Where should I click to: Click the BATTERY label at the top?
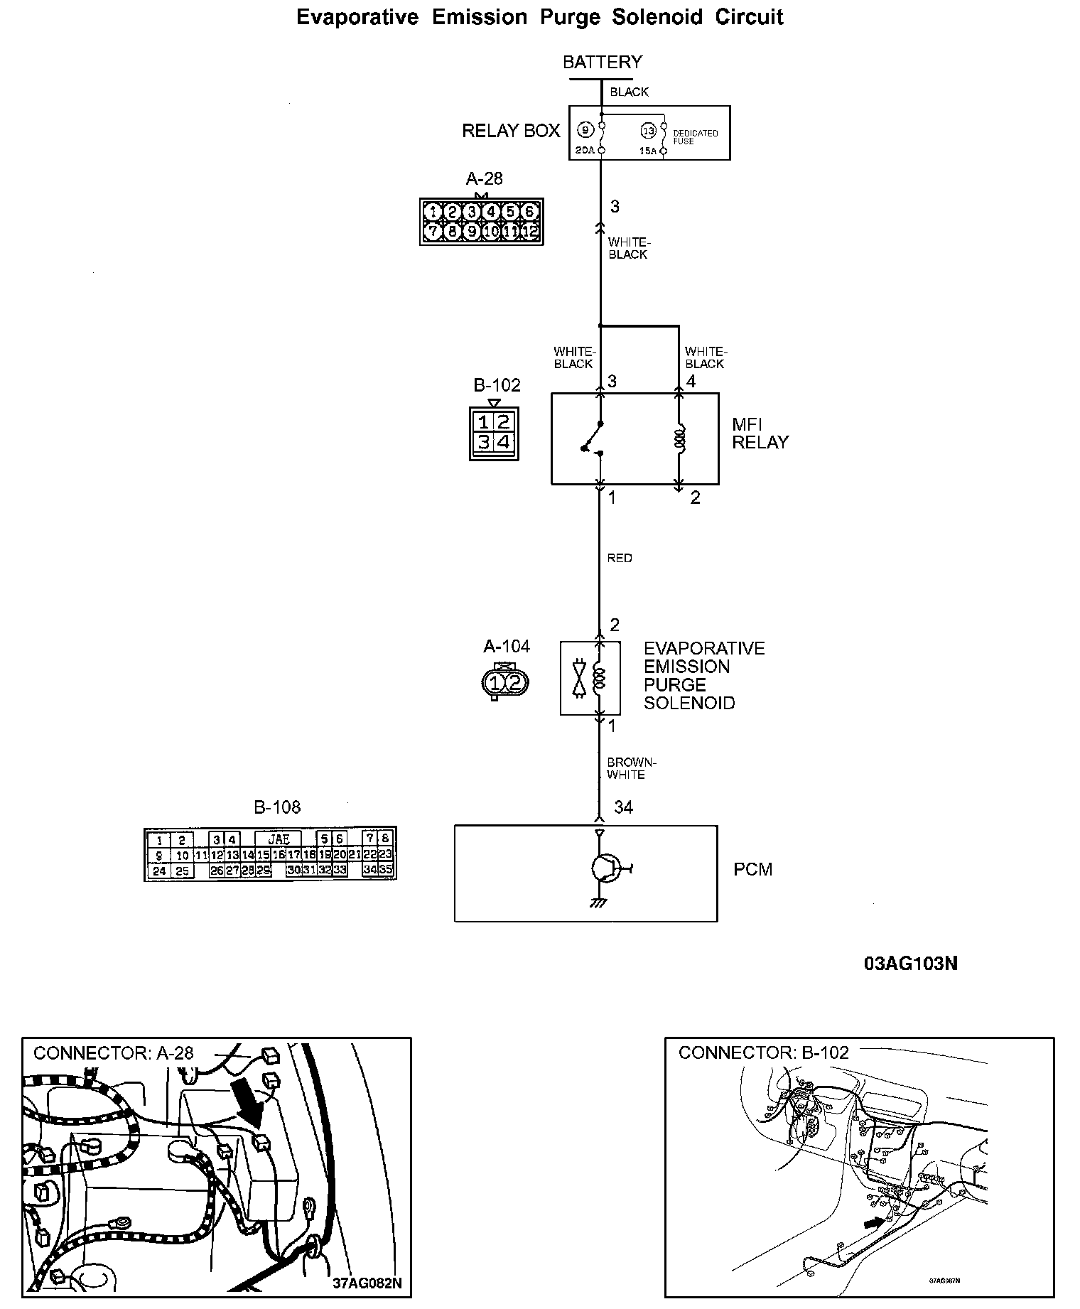click(x=602, y=63)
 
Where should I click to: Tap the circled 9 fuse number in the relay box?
click(x=584, y=131)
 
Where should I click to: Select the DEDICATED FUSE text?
click(x=695, y=137)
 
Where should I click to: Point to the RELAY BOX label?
click(x=511, y=131)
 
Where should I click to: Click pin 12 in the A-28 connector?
click(x=530, y=231)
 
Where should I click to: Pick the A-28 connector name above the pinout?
click(x=484, y=179)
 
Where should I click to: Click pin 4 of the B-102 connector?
click(x=503, y=442)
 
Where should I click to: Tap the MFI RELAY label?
click(x=760, y=433)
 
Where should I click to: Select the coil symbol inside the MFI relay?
click(x=679, y=440)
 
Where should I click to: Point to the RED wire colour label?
click(x=620, y=559)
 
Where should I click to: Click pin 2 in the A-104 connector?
click(x=515, y=683)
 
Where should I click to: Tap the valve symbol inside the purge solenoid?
click(x=579, y=678)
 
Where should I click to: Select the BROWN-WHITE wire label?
click(x=631, y=768)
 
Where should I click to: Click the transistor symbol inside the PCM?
click(x=605, y=868)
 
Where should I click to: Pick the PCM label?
click(x=752, y=869)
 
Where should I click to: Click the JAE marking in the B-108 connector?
click(x=279, y=839)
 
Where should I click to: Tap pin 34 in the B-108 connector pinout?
click(x=369, y=869)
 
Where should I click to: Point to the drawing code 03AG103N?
click(x=910, y=964)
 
